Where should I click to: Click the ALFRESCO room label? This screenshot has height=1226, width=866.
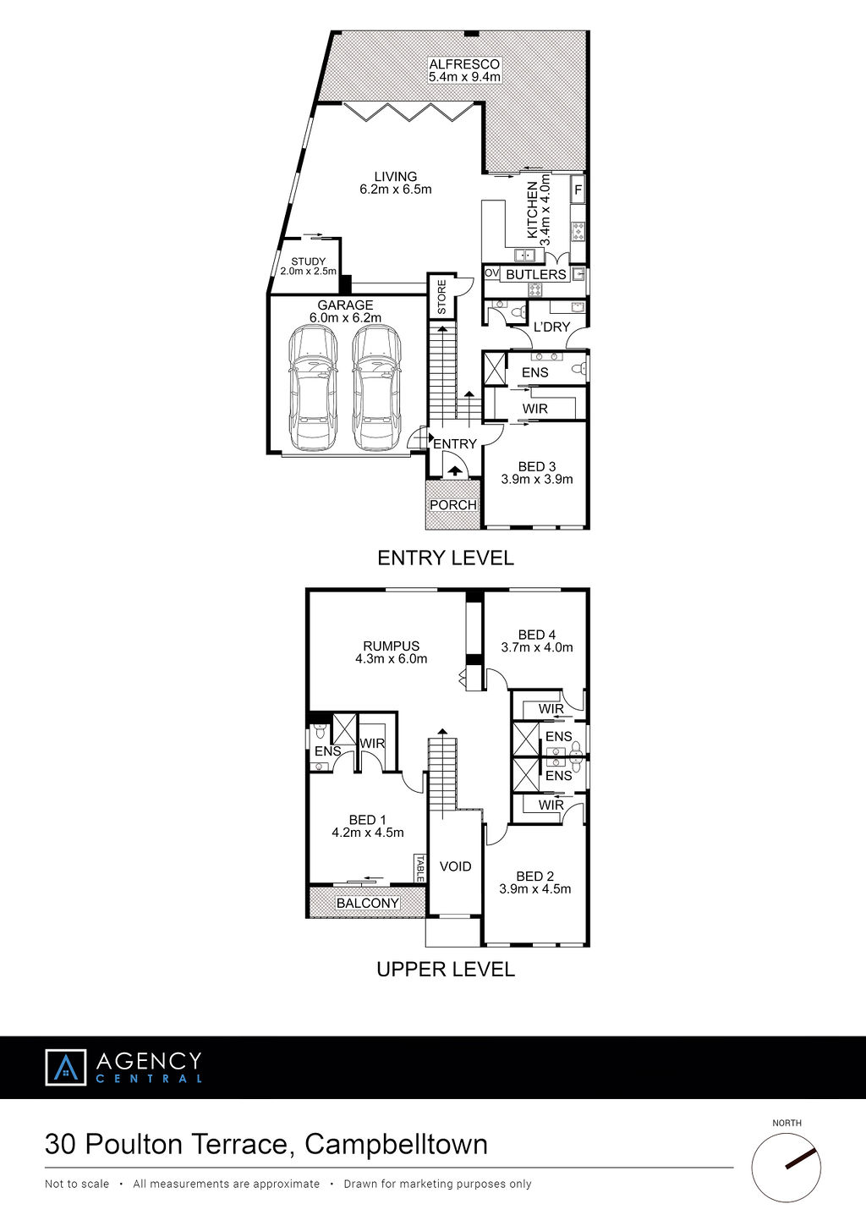464,64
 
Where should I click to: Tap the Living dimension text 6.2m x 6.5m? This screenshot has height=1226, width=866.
396,190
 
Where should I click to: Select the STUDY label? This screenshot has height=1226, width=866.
308,261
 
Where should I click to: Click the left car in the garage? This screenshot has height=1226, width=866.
311,388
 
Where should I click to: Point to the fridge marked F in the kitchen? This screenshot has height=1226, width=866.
578,190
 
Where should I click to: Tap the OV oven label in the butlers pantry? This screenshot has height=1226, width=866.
491,272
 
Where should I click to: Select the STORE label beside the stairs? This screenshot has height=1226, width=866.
442,297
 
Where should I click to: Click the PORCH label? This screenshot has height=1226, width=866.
453,504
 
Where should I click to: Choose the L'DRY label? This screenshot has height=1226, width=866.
551,327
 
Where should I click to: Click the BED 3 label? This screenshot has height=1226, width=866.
537,467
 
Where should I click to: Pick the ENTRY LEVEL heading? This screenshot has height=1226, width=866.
446,558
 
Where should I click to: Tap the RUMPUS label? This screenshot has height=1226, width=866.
392,646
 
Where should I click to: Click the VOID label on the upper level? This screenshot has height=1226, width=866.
455,866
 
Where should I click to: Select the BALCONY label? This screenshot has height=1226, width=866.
368,903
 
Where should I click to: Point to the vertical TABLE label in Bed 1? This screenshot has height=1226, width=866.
419,869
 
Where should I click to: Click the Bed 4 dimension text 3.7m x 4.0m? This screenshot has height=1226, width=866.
537,647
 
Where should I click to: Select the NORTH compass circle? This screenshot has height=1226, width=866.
787,1168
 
